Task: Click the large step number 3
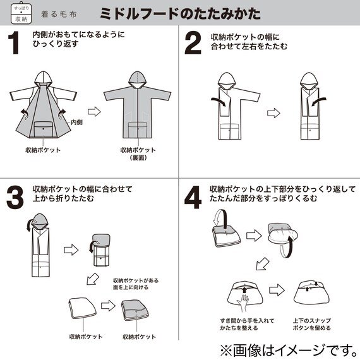pos(15,196)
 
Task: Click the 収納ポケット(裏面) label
pos(137,154)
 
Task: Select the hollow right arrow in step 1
pos(93,112)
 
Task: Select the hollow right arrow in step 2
pos(273,114)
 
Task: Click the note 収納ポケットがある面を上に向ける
pos(137,284)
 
